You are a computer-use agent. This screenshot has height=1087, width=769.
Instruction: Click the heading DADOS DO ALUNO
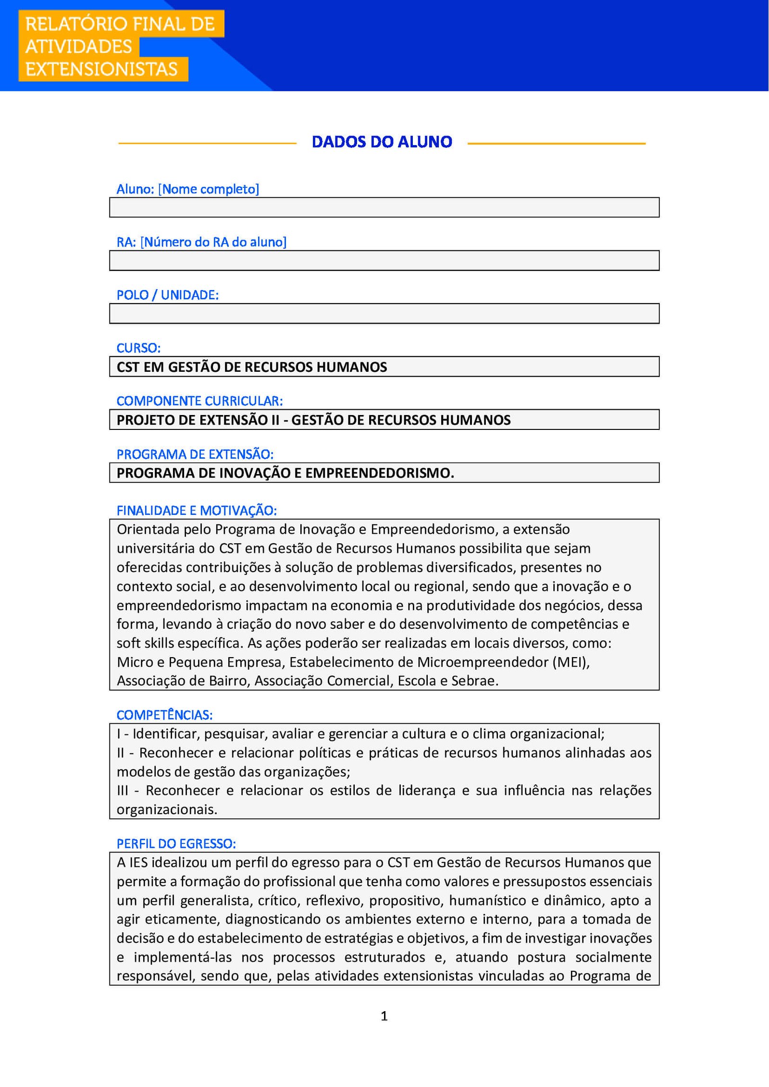point(382,142)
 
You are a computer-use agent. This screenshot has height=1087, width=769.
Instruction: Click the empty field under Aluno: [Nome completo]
point(384,208)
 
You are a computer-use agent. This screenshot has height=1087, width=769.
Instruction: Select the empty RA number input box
point(384,261)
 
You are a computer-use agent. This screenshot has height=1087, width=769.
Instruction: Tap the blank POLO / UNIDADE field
point(384,314)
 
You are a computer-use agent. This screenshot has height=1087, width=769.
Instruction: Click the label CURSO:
point(138,348)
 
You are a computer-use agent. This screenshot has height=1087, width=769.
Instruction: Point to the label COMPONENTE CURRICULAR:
point(199,401)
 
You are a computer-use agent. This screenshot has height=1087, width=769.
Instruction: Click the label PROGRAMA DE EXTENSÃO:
point(195,454)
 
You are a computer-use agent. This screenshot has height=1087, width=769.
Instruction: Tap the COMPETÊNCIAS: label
point(164,715)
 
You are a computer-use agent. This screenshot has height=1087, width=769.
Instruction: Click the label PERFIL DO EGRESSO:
point(176,844)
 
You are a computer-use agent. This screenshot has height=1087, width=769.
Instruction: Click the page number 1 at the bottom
point(384,1016)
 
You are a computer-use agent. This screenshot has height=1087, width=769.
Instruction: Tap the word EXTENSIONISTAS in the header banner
point(101,69)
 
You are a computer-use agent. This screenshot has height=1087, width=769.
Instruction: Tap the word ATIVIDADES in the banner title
point(78,47)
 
